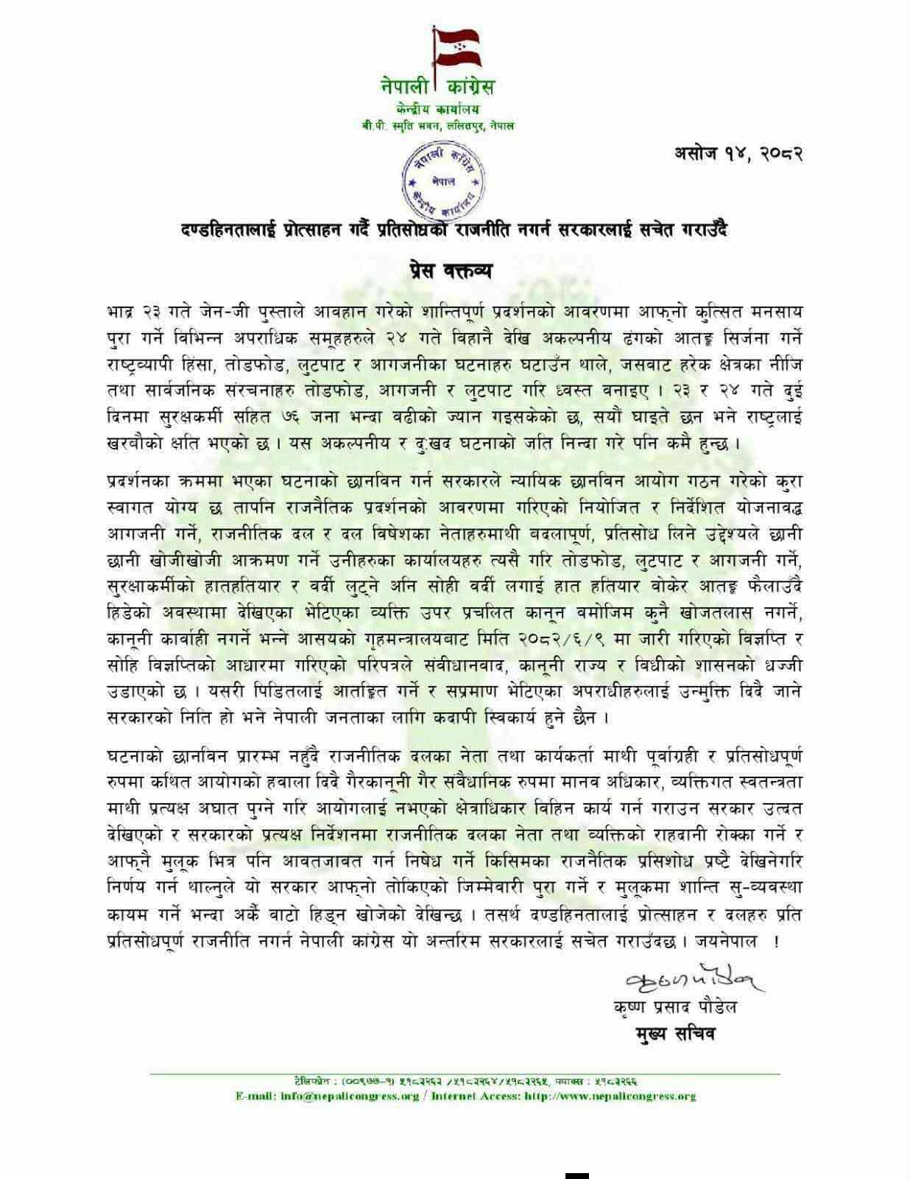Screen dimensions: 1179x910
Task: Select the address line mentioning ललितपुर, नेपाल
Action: coord(437,126)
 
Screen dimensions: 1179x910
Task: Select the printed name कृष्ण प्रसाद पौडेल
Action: coord(674,1007)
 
